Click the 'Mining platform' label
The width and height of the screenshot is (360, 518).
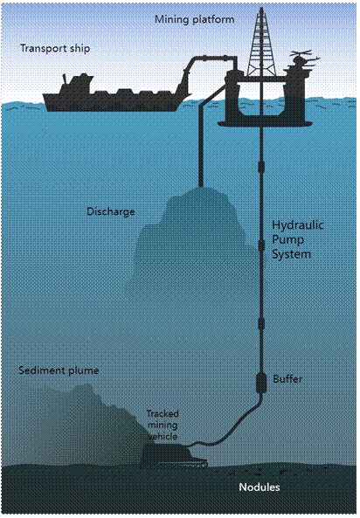[x=194, y=20]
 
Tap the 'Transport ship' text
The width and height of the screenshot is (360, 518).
[x=55, y=49]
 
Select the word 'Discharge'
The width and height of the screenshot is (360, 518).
[x=111, y=211]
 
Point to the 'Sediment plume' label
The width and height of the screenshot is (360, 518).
[x=59, y=370]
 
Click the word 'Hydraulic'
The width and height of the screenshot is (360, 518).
[x=298, y=225]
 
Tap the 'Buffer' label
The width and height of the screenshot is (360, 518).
[x=287, y=379]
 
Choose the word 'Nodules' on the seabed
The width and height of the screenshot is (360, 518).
[x=260, y=487]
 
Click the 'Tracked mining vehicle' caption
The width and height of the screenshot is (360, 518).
[x=163, y=425]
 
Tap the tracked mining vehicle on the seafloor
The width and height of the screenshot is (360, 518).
[x=174, y=455]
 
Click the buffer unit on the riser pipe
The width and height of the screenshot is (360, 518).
[x=261, y=383]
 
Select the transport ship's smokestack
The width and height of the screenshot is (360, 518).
[x=66, y=79]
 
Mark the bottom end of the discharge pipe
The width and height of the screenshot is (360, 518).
[x=201, y=186]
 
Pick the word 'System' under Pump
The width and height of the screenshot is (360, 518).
[x=291, y=254]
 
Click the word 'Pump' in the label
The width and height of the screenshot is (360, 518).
[x=287, y=240]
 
